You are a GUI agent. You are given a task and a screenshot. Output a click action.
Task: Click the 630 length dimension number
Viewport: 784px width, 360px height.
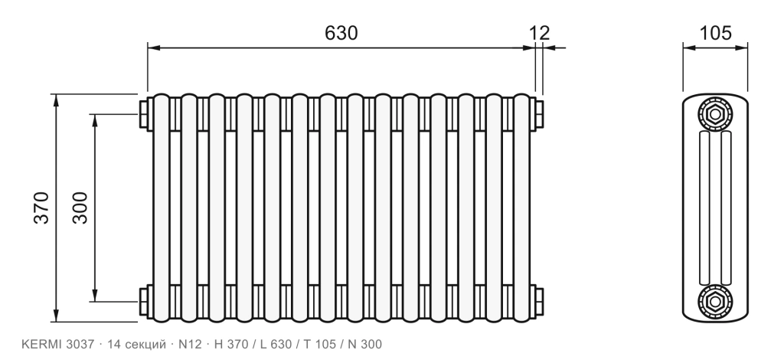[x=341, y=33]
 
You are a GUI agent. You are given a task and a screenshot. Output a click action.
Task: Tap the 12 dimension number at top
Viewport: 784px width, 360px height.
[x=540, y=33]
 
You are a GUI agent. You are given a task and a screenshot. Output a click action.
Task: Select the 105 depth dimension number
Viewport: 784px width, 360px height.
[x=715, y=33]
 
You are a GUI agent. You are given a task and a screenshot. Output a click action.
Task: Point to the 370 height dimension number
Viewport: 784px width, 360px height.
[x=42, y=208]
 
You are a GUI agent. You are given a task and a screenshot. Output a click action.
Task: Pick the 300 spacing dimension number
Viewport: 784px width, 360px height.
[x=80, y=208]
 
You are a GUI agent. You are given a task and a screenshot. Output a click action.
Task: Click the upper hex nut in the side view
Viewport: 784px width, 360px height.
[x=715, y=114]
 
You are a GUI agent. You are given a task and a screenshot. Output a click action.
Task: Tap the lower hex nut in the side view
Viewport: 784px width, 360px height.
[x=715, y=302]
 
